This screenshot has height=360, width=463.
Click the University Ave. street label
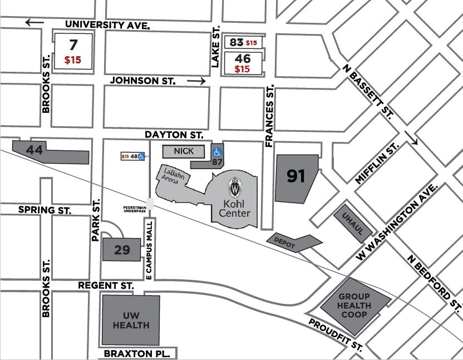point(107,25)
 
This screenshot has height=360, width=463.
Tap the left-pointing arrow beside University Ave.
point(35,22)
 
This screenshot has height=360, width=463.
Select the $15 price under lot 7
point(73,60)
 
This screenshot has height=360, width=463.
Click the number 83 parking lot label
point(237,42)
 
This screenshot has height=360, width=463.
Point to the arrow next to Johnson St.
point(196,81)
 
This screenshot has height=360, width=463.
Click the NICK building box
point(184,151)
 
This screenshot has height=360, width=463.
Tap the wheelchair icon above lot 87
point(218,151)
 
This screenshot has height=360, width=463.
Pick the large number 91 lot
point(296,176)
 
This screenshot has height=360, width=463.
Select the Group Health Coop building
point(353,306)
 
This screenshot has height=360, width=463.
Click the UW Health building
point(131,320)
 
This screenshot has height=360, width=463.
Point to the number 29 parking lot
point(121,250)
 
